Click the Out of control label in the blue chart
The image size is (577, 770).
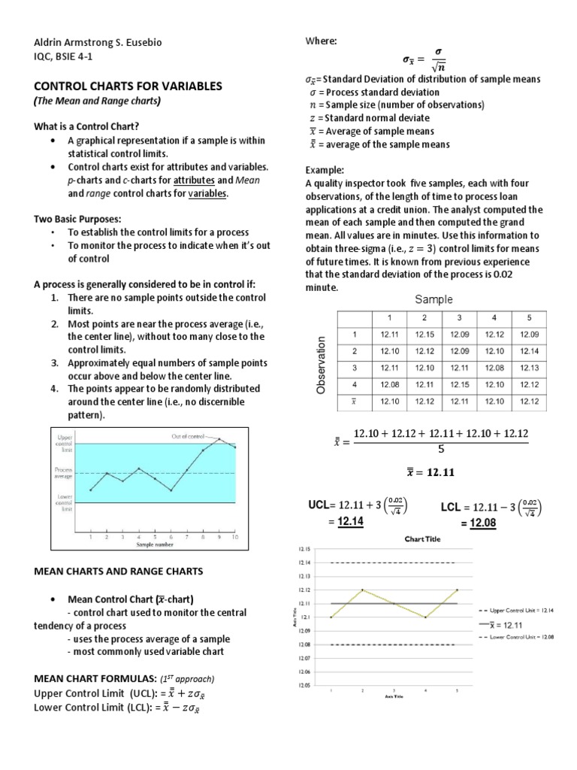[192, 435]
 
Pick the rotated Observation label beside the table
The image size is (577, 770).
[322, 365]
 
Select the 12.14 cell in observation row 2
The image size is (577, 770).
[529, 350]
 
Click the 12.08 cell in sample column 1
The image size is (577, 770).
[389, 384]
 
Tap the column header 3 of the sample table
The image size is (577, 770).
[459, 317]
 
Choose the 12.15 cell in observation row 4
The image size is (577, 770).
[459, 384]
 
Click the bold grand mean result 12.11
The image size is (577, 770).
[431, 472]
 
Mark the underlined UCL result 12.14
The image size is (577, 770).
[350, 523]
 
